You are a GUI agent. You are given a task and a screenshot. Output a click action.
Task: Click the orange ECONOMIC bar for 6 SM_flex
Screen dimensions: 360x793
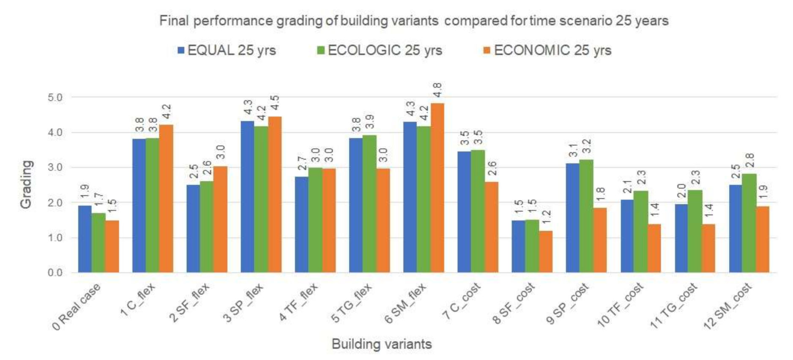point(437,188)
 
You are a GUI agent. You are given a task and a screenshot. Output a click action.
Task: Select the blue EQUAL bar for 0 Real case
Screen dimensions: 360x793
point(85,239)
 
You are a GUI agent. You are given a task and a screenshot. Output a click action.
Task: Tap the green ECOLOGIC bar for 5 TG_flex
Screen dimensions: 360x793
point(369,204)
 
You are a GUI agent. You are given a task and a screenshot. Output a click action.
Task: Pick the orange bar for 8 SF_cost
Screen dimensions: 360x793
point(545,251)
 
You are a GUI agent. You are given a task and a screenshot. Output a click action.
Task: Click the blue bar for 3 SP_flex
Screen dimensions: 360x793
point(247,196)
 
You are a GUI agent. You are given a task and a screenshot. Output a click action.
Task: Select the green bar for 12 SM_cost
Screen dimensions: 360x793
point(749,223)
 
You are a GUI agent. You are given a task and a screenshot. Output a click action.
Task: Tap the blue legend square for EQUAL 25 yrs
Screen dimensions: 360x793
point(181,51)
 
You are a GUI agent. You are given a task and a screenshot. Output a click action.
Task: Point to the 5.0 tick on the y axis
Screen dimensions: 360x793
point(55,98)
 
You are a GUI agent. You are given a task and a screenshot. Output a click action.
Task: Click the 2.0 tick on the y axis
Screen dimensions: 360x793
point(55,203)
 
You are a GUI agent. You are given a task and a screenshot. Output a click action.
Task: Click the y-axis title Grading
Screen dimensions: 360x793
point(26,184)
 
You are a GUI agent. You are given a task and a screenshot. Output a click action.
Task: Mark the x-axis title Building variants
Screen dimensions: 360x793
point(382,344)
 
